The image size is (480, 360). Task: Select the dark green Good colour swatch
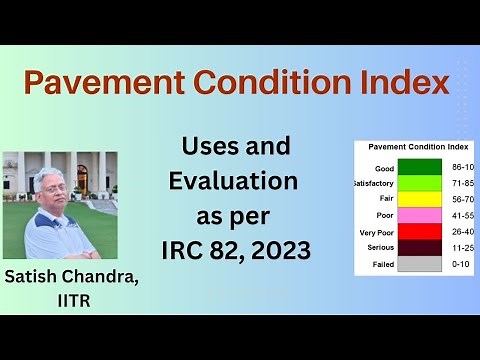419,167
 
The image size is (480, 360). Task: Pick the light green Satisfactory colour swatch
419,185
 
